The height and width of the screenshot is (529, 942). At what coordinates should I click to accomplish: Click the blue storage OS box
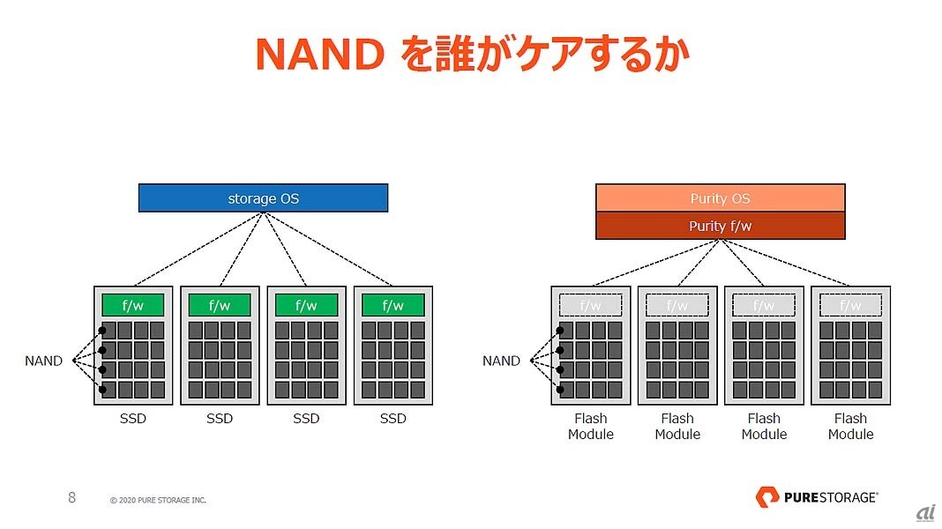[x=263, y=198]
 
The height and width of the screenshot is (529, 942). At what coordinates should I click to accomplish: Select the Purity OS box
[x=720, y=198]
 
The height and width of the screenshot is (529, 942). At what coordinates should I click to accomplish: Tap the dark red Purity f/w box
[x=720, y=226]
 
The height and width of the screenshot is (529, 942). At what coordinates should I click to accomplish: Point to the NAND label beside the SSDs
[x=43, y=361]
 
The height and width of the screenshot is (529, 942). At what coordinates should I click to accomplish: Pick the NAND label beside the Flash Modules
[x=501, y=361]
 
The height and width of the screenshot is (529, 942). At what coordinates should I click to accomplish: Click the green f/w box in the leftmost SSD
[x=132, y=305]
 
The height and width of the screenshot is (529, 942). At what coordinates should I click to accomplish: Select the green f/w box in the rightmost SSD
[x=393, y=305]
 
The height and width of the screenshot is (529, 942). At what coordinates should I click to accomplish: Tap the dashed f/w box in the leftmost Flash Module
[x=590, y=305]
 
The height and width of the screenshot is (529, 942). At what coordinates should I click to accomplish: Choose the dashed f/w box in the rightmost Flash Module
[x=850, y=305]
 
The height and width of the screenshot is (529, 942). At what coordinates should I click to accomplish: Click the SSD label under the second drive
[x=220, y=419]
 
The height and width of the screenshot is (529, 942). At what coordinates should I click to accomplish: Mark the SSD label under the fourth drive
[x=393, y=419]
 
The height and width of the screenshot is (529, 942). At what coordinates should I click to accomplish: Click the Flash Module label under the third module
[x=764, y=427]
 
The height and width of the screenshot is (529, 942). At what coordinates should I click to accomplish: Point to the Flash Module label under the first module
[x=590, y=427]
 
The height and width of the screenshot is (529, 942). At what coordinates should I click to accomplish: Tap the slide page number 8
[x=72, y=497]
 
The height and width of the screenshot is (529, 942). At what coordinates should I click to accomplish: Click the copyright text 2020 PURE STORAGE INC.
[x=158, y=500]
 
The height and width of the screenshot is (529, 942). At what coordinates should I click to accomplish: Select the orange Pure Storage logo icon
[x=766, y=497]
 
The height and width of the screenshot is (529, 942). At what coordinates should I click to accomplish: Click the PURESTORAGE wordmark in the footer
[x=830, y=497]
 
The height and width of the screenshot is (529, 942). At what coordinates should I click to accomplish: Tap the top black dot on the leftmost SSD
[x=102, y=331]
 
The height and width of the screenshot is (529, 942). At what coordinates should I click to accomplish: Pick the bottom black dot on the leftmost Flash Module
[x=560, y=389]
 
